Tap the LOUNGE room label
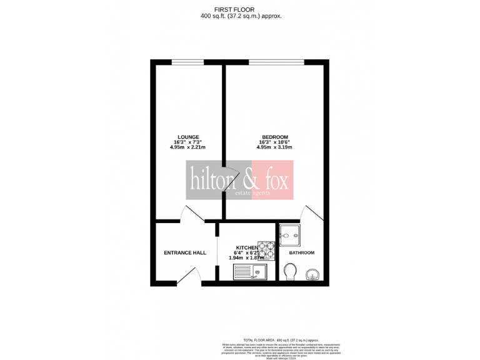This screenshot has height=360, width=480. point(188,137)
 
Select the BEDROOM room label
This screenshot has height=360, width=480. point(274,137)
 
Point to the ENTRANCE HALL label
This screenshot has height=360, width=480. point(185,252)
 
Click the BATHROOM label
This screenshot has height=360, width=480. point(301,252)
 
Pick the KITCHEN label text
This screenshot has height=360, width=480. point(247,247)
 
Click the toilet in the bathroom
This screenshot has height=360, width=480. point(290,271)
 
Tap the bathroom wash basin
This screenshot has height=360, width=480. point(314,273)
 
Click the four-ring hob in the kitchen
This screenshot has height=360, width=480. point(267,251)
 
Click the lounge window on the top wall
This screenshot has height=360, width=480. point(187,62)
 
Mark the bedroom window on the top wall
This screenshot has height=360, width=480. point(276,62)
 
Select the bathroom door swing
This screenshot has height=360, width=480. point(311,213)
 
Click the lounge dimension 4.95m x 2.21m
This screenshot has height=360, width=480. point(188,147)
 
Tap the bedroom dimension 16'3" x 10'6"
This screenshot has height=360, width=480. point(274,142)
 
